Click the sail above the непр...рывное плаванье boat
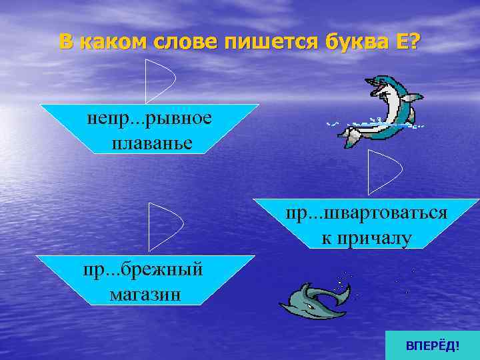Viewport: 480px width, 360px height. (x=159, y=80)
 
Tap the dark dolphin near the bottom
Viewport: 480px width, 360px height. (x=313, y=299)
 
